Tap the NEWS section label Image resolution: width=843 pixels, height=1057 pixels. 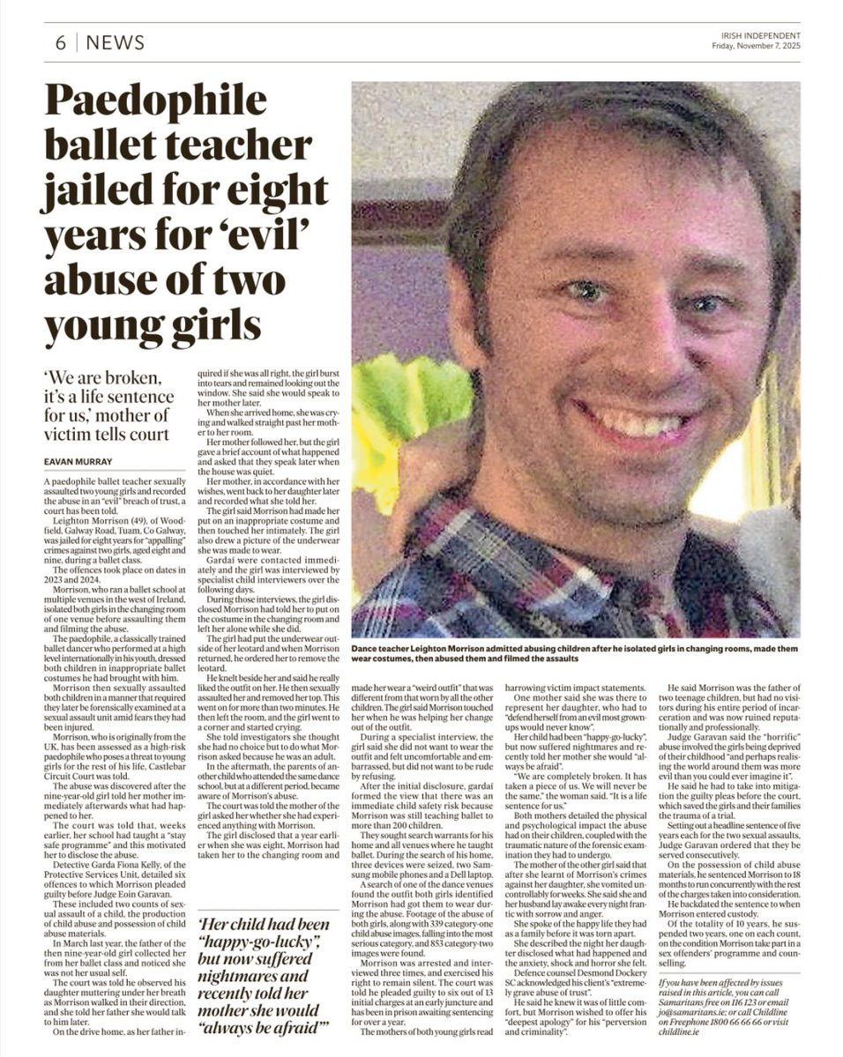(x=116, y=42)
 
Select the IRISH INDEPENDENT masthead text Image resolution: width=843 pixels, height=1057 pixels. (x=758, y=35)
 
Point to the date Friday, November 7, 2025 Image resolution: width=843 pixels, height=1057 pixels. (x=757, y=47)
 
